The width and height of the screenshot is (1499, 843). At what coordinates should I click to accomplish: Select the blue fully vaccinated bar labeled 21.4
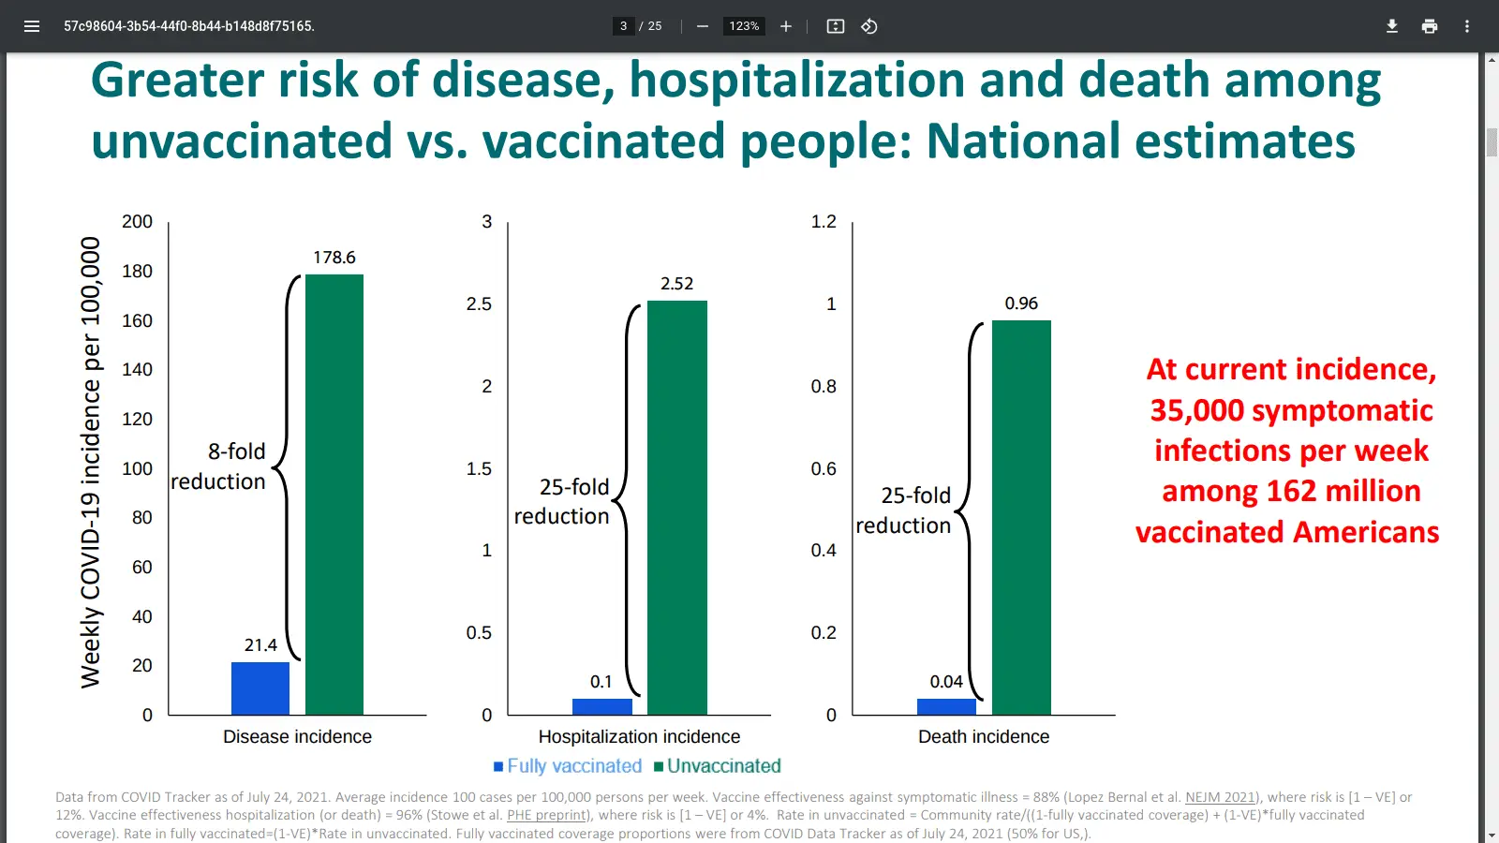260,688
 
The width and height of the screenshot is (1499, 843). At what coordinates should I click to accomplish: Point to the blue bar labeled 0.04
946,706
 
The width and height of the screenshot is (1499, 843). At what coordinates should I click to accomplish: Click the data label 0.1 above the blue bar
601,682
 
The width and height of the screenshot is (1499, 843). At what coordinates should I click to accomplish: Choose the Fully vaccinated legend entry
568,766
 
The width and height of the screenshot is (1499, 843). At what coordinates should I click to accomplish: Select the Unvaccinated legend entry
718,766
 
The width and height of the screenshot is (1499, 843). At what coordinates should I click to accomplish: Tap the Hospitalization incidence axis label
639,737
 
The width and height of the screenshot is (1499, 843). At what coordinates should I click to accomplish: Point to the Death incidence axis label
984,737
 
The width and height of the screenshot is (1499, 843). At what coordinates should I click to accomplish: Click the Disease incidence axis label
297,737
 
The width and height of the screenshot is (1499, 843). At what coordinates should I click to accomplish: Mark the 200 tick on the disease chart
137,222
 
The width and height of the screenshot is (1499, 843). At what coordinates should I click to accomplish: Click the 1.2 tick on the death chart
824,222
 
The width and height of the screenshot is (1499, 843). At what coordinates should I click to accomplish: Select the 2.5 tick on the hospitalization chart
479,304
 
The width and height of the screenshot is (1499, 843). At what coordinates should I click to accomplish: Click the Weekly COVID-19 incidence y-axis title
90,463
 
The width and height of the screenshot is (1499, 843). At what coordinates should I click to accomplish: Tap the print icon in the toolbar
1430,26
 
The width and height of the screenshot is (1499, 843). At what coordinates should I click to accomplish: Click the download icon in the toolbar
1392,26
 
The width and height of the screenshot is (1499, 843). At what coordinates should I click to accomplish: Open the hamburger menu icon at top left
32,26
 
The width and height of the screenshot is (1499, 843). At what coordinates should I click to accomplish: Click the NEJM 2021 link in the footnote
1221,797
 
